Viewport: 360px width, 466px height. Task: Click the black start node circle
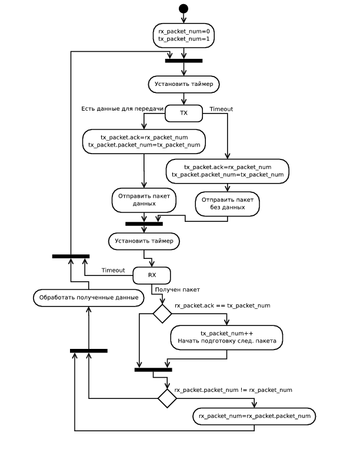[x=184, y=8]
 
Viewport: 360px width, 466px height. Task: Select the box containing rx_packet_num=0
[x=184, y=35]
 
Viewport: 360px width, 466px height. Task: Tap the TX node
[x=184, y=113]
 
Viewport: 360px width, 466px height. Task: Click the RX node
[x=152, y=275]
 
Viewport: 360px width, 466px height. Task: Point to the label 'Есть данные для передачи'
[x=122, y=109]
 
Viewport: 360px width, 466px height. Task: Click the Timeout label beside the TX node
[x=221, y=109]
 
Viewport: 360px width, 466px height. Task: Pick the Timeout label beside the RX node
[x=113, y=270]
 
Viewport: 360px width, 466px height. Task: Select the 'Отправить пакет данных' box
[x=144, y=199]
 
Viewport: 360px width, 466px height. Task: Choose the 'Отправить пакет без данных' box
[x=227, y=204]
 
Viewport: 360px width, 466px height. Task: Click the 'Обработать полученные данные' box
[x=88, y=298]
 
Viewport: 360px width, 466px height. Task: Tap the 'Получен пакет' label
[x=177, y=290]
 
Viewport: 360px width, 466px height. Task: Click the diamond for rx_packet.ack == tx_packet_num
[x=162, y=314]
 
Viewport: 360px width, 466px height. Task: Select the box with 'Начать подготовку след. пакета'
[x=226, y=337]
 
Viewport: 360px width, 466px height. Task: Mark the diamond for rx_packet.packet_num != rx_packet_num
[x=167, y=398]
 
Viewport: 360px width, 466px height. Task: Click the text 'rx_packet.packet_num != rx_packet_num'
[x=234, y=390]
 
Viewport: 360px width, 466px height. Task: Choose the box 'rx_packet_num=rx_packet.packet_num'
[x=254, y=416]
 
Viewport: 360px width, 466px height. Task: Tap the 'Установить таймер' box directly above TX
[x=184, y=85]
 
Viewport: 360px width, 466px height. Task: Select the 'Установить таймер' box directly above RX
[x=144, y=241]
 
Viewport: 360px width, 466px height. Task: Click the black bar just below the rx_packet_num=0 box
[x=184, y=60]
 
